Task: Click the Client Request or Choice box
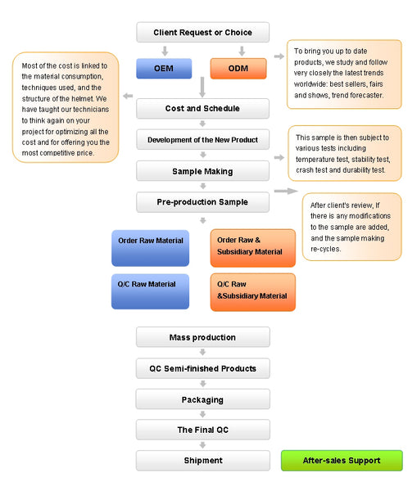[202, 32]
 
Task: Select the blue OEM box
[164, 68]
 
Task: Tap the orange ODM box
[238, 68]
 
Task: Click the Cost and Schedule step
[202, 108]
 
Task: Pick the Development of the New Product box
[202, 140]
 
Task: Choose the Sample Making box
[202, 171]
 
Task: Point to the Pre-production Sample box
[202, 202]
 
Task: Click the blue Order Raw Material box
[151, 248]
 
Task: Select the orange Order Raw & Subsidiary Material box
[252, 248]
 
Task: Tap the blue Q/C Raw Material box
[151, 291]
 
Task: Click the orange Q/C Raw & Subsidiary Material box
[252, 292]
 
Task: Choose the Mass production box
[203, 337]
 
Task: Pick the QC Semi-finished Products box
[203, 368]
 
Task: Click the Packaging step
[203, 399]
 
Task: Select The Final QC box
[203, 430]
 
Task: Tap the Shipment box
[203, 460]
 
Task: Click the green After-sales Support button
[342, 460]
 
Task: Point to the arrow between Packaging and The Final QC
[203, 414]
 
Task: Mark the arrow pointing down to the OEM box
[165, 51]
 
